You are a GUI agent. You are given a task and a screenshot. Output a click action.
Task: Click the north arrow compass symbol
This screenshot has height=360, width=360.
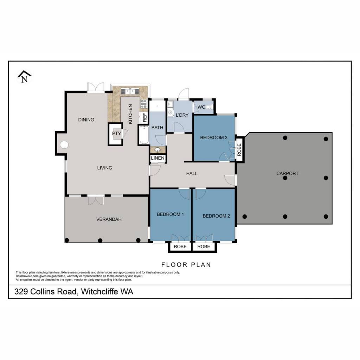24,77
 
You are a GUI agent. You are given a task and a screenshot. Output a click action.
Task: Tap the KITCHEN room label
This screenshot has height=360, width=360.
130,114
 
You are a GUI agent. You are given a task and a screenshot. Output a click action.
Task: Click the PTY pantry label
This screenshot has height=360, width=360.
116,133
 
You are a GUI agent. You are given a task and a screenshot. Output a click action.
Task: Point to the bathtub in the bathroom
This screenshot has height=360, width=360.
144,135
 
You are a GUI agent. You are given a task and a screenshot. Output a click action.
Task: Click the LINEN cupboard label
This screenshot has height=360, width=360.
157,158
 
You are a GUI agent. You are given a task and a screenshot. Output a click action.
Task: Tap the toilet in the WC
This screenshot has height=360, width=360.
208,107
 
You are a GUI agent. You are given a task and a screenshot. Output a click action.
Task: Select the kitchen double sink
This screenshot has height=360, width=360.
130,91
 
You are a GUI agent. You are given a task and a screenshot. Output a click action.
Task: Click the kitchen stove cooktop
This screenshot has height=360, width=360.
144,104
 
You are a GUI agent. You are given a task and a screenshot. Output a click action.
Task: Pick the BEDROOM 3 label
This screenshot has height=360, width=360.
213,137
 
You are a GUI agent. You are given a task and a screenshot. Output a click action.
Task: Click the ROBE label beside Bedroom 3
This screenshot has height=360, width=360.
239,150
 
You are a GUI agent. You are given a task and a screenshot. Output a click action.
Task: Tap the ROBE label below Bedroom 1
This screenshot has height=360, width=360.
180,246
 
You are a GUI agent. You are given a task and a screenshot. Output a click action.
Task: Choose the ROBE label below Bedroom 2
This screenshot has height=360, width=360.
204,246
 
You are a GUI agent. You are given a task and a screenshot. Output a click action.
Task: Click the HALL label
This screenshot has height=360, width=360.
192,174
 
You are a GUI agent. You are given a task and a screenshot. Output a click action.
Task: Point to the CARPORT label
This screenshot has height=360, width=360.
287,174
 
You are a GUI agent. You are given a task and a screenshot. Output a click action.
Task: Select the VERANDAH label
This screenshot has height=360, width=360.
109,219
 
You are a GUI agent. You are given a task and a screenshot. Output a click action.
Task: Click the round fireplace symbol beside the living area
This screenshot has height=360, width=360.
64,144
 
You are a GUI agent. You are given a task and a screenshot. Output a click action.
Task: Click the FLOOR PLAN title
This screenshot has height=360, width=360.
186,265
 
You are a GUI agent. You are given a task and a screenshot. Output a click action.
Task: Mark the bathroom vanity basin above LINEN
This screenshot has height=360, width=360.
157,150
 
